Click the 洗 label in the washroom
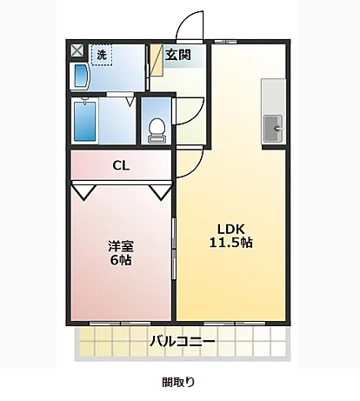(102, 55)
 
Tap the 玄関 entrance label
(179, 55)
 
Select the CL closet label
(121, 165)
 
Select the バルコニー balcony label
(182, 340)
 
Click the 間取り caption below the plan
(179, 381)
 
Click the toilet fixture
(157, 129)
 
